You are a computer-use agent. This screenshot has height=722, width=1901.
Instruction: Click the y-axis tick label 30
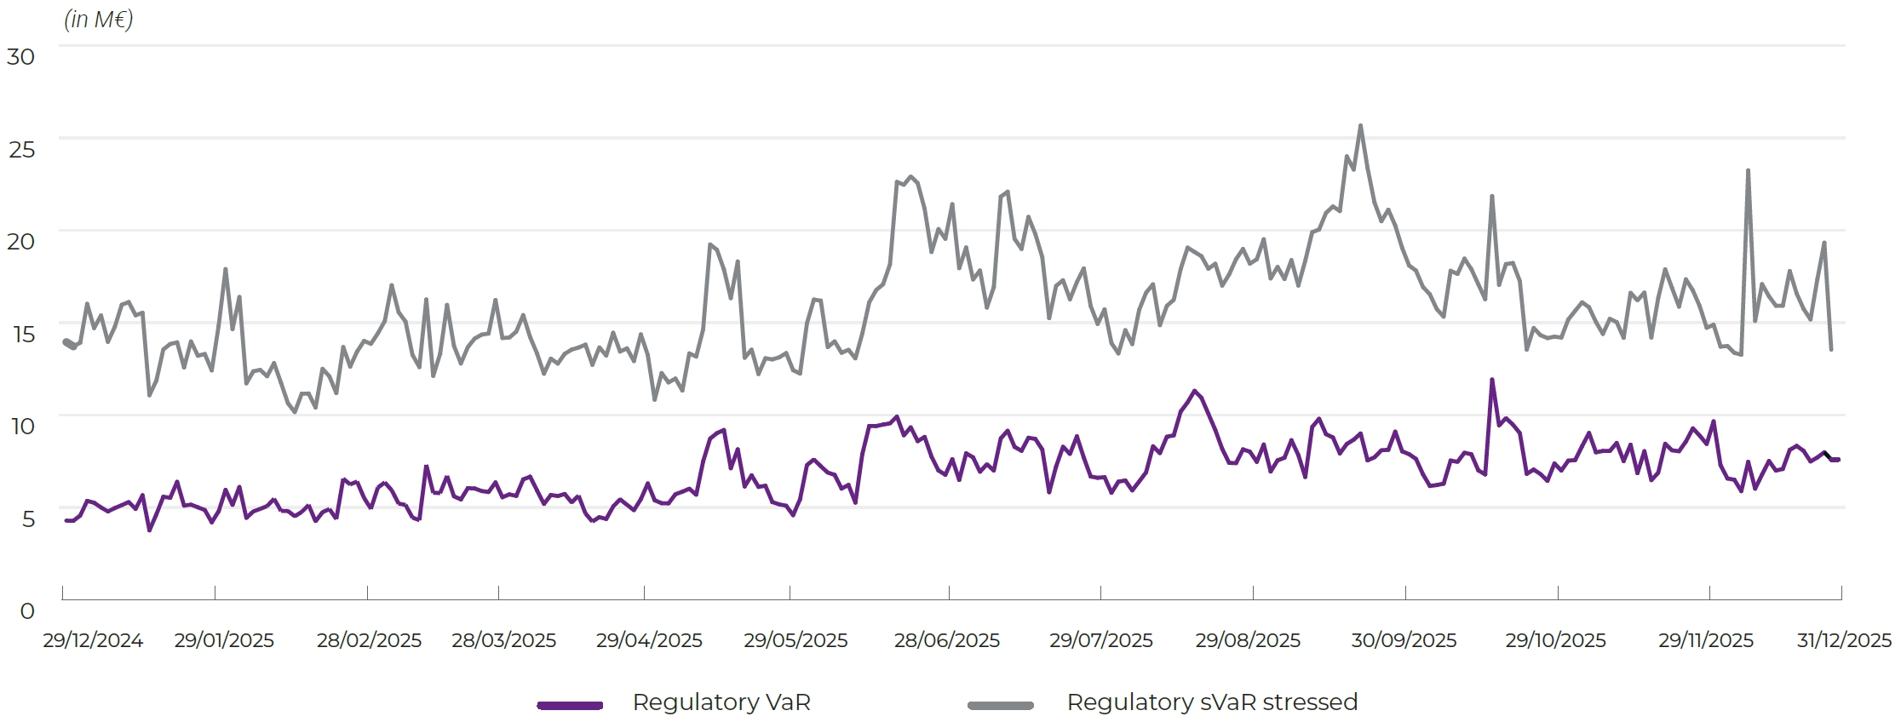(20, 57)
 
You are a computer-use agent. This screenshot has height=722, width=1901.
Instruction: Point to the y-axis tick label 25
(22, 150)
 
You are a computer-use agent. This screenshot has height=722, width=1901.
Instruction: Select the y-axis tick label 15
(24, 335)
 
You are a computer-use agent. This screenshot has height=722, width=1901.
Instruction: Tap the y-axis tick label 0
(27, 611)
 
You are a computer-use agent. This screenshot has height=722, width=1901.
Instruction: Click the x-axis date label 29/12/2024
(93, 640)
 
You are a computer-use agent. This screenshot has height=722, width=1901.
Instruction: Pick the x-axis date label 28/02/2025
(369, 640)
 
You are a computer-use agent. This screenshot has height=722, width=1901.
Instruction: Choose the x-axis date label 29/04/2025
(649, 640)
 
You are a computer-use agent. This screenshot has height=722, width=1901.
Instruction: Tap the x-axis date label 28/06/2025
(946, 640)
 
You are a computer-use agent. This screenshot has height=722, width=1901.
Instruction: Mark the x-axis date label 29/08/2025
(1248, 640)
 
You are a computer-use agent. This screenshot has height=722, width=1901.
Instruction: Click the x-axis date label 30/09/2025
(1404, 640)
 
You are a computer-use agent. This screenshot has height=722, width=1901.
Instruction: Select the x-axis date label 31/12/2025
(1844, 640)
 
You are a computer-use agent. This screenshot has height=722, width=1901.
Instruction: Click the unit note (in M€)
(99, 20)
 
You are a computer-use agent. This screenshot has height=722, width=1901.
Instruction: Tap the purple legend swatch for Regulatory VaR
(570, 705)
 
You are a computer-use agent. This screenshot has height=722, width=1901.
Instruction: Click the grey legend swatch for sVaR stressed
(1001, 705)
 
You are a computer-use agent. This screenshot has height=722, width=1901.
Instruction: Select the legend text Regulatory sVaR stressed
(1212, 702)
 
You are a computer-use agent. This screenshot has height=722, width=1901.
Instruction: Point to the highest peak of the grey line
(1360, 126)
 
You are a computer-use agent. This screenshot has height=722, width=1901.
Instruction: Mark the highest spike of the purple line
(1491, 380)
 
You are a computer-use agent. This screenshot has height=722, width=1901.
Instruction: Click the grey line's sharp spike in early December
(1748, 170)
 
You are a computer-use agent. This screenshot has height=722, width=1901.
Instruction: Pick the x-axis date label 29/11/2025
(1705, 640)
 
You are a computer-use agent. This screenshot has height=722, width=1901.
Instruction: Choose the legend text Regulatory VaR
(721, 702)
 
